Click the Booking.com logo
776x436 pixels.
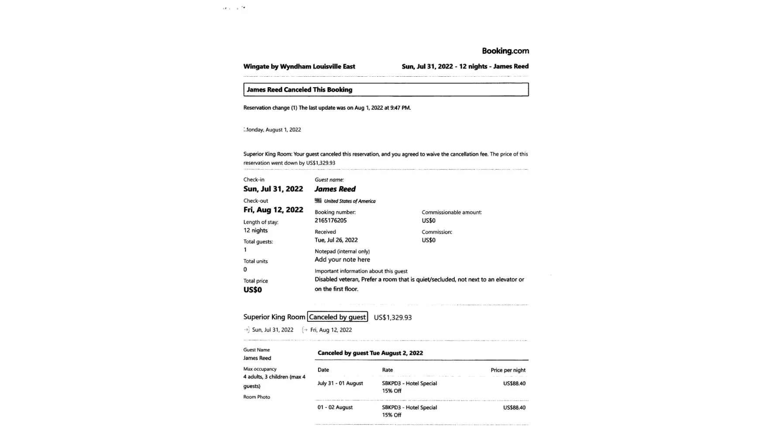click(505, 51)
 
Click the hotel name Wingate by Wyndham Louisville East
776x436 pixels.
click(299, 67)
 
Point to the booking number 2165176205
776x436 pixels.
click(330, 221)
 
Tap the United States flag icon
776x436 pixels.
click(318, 201)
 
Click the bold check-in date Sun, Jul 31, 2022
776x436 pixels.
click(273, 189)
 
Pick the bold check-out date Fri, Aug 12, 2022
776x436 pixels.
click(273, 210)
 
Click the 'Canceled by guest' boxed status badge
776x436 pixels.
click(337, 317)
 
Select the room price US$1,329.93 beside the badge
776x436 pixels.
click(392, 317)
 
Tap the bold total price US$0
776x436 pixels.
click(252, 290)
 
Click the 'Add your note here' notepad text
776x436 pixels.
click(342, 260)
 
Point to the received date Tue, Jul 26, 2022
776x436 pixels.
click(336, 240)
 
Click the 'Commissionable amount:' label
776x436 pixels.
click(452, 212)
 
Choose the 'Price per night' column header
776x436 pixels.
click(508, 370)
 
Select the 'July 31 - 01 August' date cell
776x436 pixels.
click(340, 383)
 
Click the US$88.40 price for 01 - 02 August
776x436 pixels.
click(514, 408)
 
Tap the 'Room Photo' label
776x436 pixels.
click(257, 397)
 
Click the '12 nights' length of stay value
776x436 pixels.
click(255, 231)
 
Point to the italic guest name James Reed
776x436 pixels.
click(335, 189)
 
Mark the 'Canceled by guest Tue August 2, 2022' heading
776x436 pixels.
click(370, 353)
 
